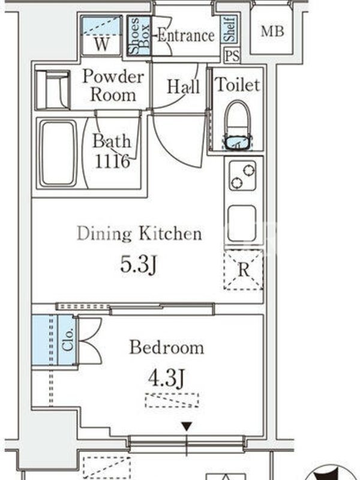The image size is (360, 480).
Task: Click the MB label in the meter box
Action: point(272,31)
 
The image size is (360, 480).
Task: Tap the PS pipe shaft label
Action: point(232,56)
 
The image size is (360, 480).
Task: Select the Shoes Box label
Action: point(140,36)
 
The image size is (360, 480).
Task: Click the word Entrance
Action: point(186,35)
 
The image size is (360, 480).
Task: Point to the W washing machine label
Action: point(101,44)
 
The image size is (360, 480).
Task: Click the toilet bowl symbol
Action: point(238,125)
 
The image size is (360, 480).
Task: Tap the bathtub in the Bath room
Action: point(58,153)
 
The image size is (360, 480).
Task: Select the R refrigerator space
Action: point(244,270)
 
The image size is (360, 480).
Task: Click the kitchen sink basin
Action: point(242,223)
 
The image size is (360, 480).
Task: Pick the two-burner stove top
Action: point(242,175)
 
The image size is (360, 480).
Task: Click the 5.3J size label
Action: point(139,264)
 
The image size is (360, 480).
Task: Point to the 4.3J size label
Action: point(166,379)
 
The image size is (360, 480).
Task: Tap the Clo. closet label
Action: point(68,340)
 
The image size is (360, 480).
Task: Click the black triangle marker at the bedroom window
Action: point(187,426)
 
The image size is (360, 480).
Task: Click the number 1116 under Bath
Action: point(112,161)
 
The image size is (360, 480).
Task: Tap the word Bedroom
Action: point(167,347)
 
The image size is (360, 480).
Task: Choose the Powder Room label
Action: point(113,85)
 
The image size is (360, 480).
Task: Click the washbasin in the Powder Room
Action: point(53,90)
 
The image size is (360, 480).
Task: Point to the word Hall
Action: point(184,86)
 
